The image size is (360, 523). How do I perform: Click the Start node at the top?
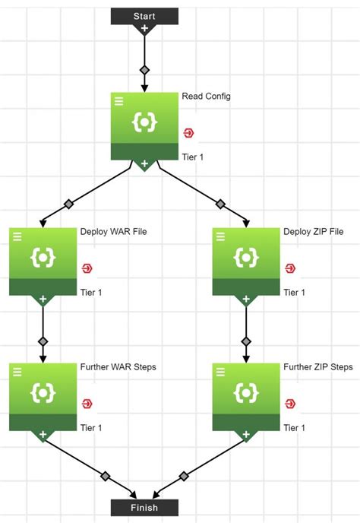click(144, 15)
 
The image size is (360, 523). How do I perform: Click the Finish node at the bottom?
click(144, 507)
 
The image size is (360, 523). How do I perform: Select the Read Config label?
click(207, 97)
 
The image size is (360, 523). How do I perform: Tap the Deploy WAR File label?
click(114, 231)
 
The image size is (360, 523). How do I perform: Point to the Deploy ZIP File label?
click(314, 231)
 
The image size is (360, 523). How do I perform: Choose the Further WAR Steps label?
click(118, 366)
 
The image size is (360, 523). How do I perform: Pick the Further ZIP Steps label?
click(318, 366)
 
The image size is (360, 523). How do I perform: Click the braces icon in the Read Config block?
click(144, 122)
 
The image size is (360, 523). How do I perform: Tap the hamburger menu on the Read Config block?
click(119, 100)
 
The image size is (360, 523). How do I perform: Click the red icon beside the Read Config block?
click(188, 133)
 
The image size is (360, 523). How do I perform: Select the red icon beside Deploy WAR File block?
click(87, 268)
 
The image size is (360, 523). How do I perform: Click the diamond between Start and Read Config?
click(144, 70)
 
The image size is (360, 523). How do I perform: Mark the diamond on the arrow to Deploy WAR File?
click(69, 204)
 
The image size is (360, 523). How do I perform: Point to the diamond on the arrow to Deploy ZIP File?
click(220, 204)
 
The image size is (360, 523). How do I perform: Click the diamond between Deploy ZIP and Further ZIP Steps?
click(245, 341)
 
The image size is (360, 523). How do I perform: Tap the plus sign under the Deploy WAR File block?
click(43, 300)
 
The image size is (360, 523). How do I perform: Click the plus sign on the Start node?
click(144, 29)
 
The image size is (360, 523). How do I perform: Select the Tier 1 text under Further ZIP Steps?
click(295, 428)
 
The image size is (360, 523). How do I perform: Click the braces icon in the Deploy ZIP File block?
click(245, 258)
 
